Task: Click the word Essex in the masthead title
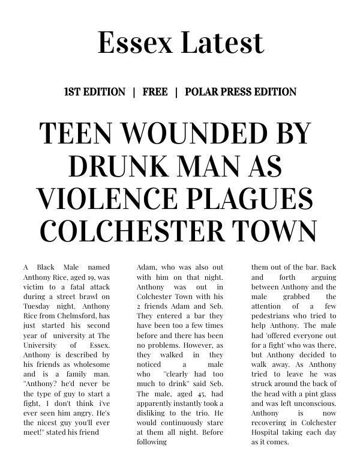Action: pos(130,42)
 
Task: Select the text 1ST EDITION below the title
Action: pos(94,92)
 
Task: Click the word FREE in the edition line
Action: pos(155,92)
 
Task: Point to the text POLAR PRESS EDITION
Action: pos(241,92)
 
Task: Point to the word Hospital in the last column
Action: pos(267,432)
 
